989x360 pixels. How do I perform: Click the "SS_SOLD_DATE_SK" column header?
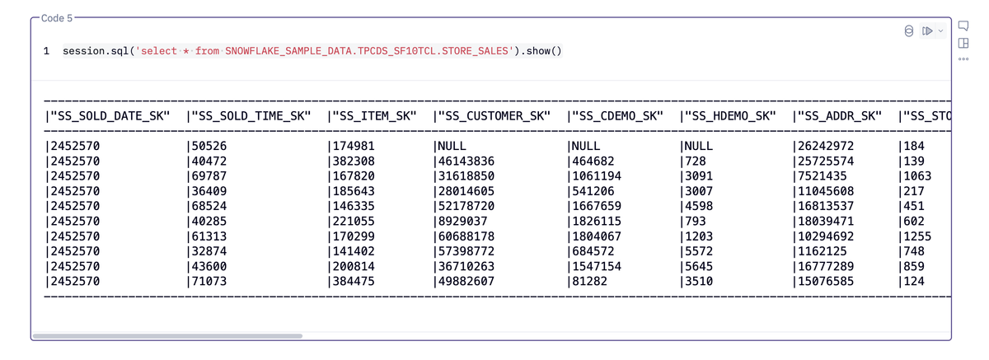coord(110,116)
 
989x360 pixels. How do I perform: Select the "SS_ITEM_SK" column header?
coord(374,116)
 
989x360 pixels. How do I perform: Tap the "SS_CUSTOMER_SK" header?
coord(494,116)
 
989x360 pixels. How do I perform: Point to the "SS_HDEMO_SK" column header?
coord(730,116)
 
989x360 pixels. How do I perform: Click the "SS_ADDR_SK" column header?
coord(839,116)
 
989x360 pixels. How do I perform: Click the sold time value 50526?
coord(209,146)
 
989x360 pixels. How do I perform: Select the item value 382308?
coord(354,161)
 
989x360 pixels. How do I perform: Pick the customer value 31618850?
coord(466,176)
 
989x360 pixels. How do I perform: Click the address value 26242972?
coord(826,146)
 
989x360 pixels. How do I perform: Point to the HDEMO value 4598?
coord(699,206)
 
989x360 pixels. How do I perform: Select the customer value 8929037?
coord(462,221)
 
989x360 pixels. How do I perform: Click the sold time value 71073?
coord(209,281)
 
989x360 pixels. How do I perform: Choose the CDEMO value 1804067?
coord(597,236)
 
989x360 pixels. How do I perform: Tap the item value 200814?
coord(354,266)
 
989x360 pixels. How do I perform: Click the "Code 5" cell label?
coord(57,18)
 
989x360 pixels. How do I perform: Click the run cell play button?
coord(927,30)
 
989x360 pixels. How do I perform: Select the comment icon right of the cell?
coord(963,26)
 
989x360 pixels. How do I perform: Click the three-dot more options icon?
coord(963,58)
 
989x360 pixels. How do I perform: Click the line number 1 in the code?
coord(46,51)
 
